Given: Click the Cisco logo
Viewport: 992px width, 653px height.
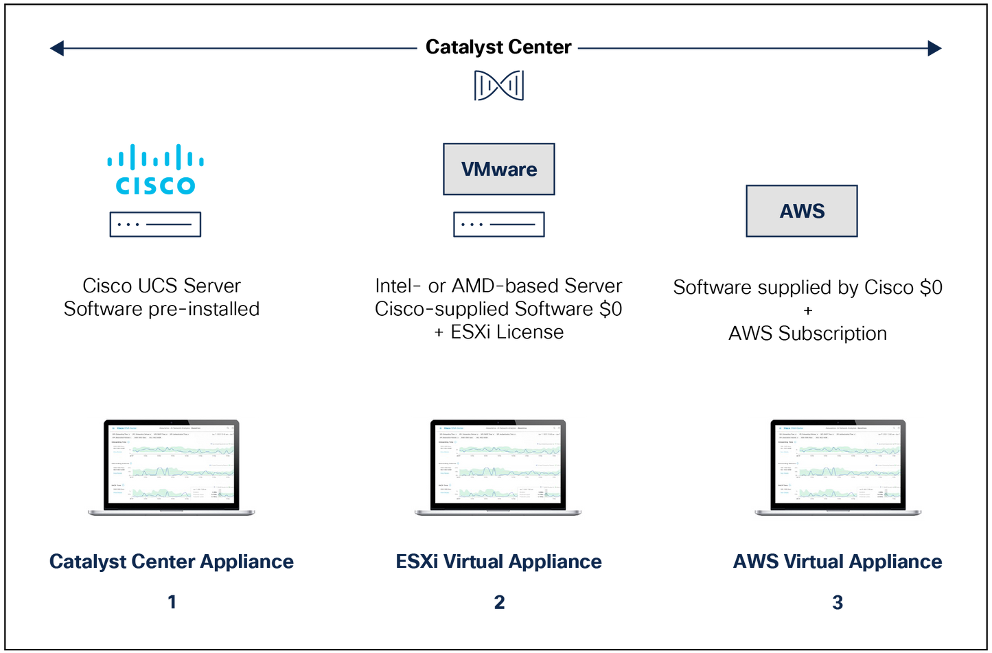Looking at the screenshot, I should [155, 169].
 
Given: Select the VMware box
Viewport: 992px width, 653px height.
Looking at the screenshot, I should [499, 169].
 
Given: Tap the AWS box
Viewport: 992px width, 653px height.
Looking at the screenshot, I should [802, 211].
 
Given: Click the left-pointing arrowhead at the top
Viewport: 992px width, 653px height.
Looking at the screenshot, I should [56, 48].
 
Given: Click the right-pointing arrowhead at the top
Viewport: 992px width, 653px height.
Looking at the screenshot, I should [935, 48].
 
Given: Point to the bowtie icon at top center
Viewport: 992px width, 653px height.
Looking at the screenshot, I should [499, 86].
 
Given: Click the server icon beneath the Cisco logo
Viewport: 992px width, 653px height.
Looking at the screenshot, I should [155, 225].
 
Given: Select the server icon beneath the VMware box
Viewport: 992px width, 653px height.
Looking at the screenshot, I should [499, 225].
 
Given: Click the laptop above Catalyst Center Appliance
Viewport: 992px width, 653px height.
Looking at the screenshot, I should [172, 467].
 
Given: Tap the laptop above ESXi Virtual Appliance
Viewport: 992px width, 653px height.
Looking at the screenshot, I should [499, 467].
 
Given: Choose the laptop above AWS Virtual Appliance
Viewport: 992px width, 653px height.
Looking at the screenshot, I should [837, 467].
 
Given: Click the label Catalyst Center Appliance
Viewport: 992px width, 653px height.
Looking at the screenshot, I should [172, 562].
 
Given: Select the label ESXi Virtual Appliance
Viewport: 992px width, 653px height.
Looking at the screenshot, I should [499, 562].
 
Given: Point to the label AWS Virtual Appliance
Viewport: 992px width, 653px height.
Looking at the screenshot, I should [837, 562].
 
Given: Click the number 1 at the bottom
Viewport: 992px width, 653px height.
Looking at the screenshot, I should [172, 602].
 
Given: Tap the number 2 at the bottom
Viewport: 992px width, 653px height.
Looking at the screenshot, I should [499, 602].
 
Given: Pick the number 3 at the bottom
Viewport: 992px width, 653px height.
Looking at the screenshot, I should [837, 602].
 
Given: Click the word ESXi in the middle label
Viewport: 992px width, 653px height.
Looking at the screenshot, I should [416, 562].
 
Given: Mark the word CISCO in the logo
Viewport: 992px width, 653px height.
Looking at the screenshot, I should [155, 185].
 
